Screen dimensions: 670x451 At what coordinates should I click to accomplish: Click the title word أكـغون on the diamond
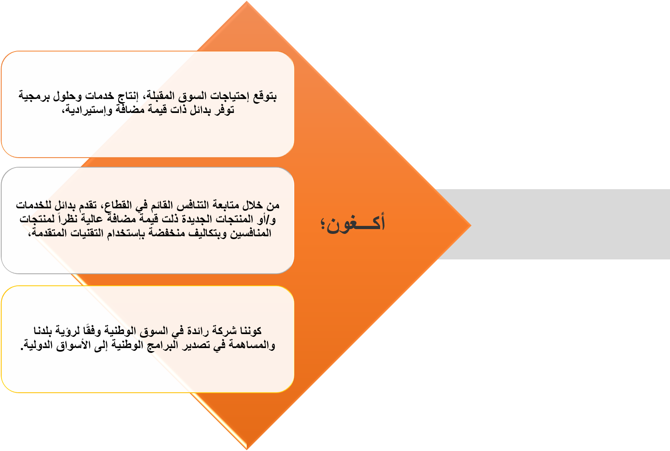[x=355, y=223]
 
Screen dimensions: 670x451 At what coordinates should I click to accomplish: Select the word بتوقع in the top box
[x=265, y=96]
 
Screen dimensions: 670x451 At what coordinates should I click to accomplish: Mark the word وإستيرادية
[x=87, y=110]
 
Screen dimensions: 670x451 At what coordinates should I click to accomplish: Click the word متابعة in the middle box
[x=226, y=206]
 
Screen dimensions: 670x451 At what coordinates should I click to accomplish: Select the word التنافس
[x=194, y=206]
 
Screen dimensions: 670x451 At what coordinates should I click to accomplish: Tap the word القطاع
[x=118, y=206]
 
